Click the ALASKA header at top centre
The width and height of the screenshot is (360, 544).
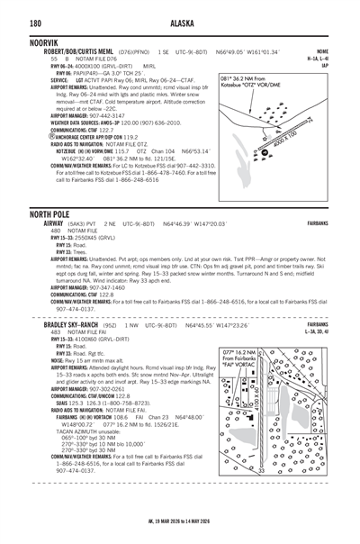coord(180,23)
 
